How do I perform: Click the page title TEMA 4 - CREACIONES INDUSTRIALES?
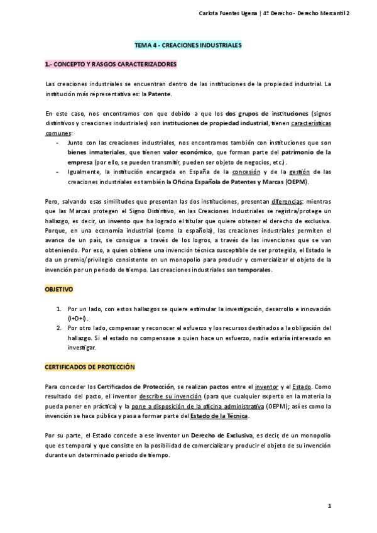click(188, 47)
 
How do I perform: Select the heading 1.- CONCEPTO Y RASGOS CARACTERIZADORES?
click(111, 64)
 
